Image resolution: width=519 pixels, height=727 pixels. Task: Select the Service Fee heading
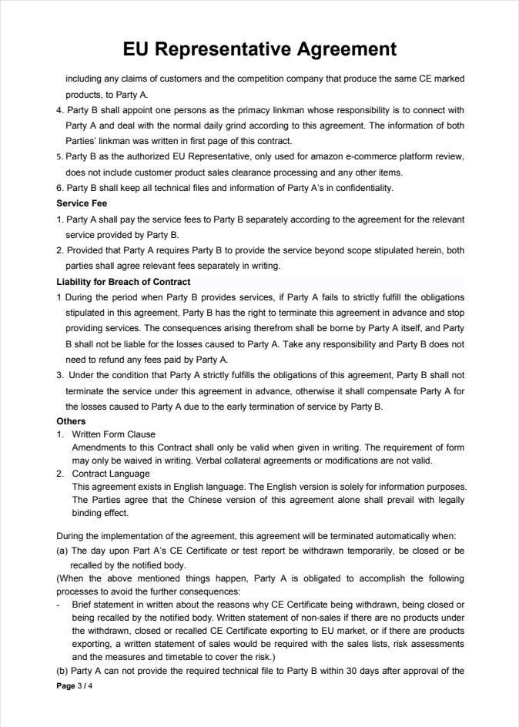tap(82, 203)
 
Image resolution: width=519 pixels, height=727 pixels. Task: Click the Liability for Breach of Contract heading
tap(123, 282)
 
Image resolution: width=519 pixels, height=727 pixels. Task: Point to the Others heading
tap(71, 421)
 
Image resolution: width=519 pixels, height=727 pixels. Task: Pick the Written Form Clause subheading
tap(113, 434)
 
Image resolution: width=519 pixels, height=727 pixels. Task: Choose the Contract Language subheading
tap(111, 474)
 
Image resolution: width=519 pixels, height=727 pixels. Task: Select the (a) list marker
tap(62, 551)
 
